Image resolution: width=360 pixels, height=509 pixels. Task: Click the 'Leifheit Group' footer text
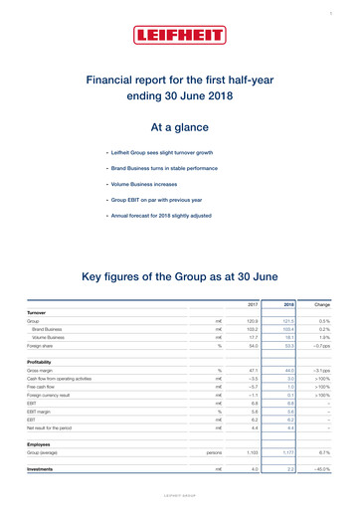(x=180, y=494)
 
